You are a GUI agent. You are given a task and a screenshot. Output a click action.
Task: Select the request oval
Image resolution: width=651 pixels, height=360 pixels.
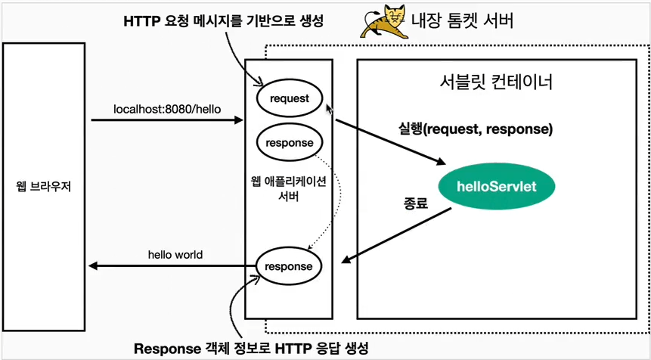[x=289, y=98]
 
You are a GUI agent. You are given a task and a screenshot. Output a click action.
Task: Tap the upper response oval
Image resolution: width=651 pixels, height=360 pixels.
[x=289, y=142]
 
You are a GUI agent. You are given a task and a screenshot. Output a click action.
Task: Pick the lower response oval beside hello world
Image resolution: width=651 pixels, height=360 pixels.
[x=289, y=266]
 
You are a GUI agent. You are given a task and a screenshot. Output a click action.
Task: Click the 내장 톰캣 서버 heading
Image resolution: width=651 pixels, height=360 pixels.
[x=463, y=20]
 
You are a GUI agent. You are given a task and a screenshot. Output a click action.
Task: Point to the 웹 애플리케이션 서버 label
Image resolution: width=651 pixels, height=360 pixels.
[x=289, y=189]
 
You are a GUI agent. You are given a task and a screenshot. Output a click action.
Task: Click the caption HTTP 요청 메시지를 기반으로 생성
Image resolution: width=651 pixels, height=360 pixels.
[x=223, y=22]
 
